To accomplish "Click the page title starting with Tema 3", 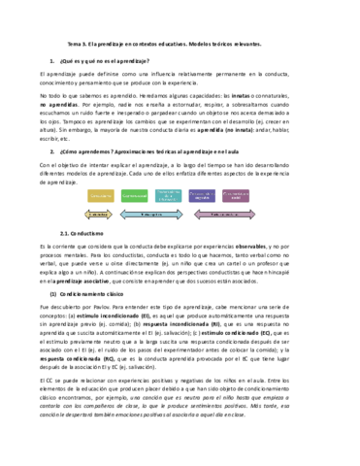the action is (x=180, y=45).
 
